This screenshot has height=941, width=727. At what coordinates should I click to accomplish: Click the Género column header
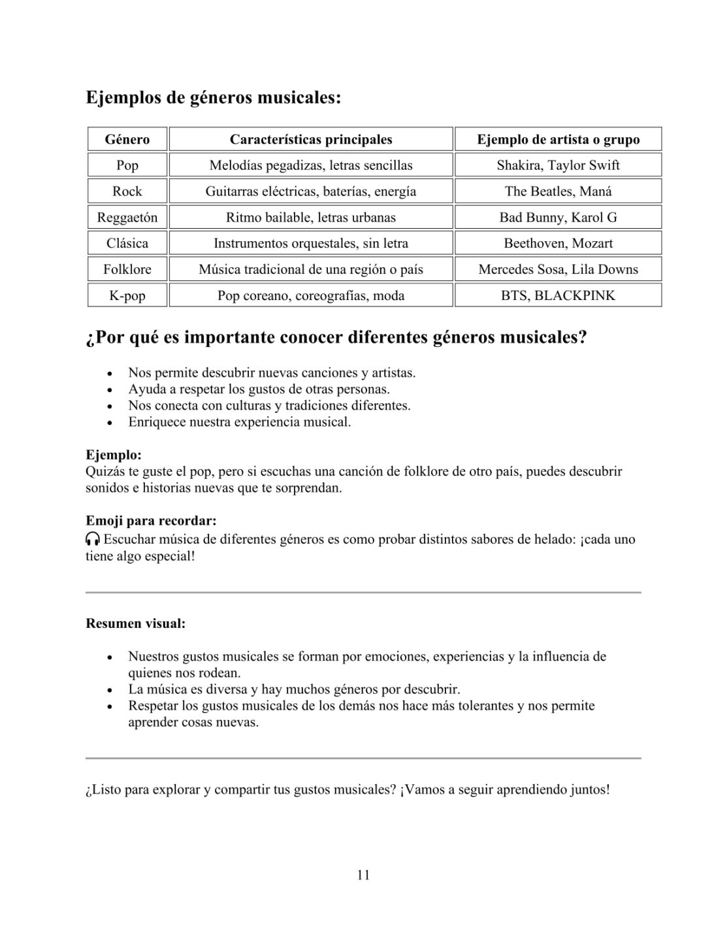[127, 139]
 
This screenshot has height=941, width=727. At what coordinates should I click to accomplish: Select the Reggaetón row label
[127, 217]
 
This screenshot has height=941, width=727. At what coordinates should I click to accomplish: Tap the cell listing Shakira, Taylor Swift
[558, 165]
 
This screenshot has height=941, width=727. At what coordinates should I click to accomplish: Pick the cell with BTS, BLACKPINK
[558, 295]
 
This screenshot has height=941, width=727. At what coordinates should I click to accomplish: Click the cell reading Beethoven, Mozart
[558, 243]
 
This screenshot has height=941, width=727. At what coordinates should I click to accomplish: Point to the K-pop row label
[127, 295]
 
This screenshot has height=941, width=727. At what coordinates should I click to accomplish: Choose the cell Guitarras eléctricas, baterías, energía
[310, 191]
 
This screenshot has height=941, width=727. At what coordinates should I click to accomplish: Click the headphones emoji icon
[93, 539]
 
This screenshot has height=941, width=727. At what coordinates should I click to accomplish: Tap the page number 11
[364, 875]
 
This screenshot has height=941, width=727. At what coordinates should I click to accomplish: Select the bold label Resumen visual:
[136, 623]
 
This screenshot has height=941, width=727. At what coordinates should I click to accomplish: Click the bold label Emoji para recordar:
[151, 521]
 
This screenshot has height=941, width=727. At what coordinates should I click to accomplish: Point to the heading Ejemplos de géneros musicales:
[214, 98]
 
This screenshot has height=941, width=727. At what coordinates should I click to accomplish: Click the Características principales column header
[310, 139]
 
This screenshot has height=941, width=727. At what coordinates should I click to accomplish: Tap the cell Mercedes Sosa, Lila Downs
[558, 269]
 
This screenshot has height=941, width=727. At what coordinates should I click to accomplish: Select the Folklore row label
[127, 269]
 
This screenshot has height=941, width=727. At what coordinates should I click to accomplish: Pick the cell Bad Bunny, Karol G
[558, 217]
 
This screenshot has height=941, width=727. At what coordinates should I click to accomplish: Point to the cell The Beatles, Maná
[558, 191]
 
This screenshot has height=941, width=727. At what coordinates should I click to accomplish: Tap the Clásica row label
[127, 243]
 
